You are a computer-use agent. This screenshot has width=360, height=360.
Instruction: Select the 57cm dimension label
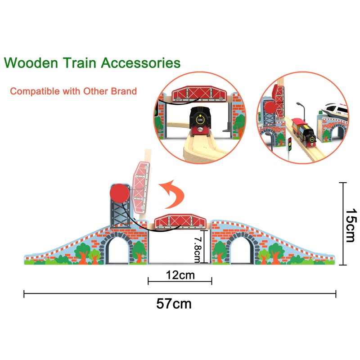pos(174,304)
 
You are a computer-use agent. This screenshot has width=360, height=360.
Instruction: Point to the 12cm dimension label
pos(180,275)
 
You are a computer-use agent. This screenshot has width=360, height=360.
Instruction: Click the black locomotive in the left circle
pos(200,121)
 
